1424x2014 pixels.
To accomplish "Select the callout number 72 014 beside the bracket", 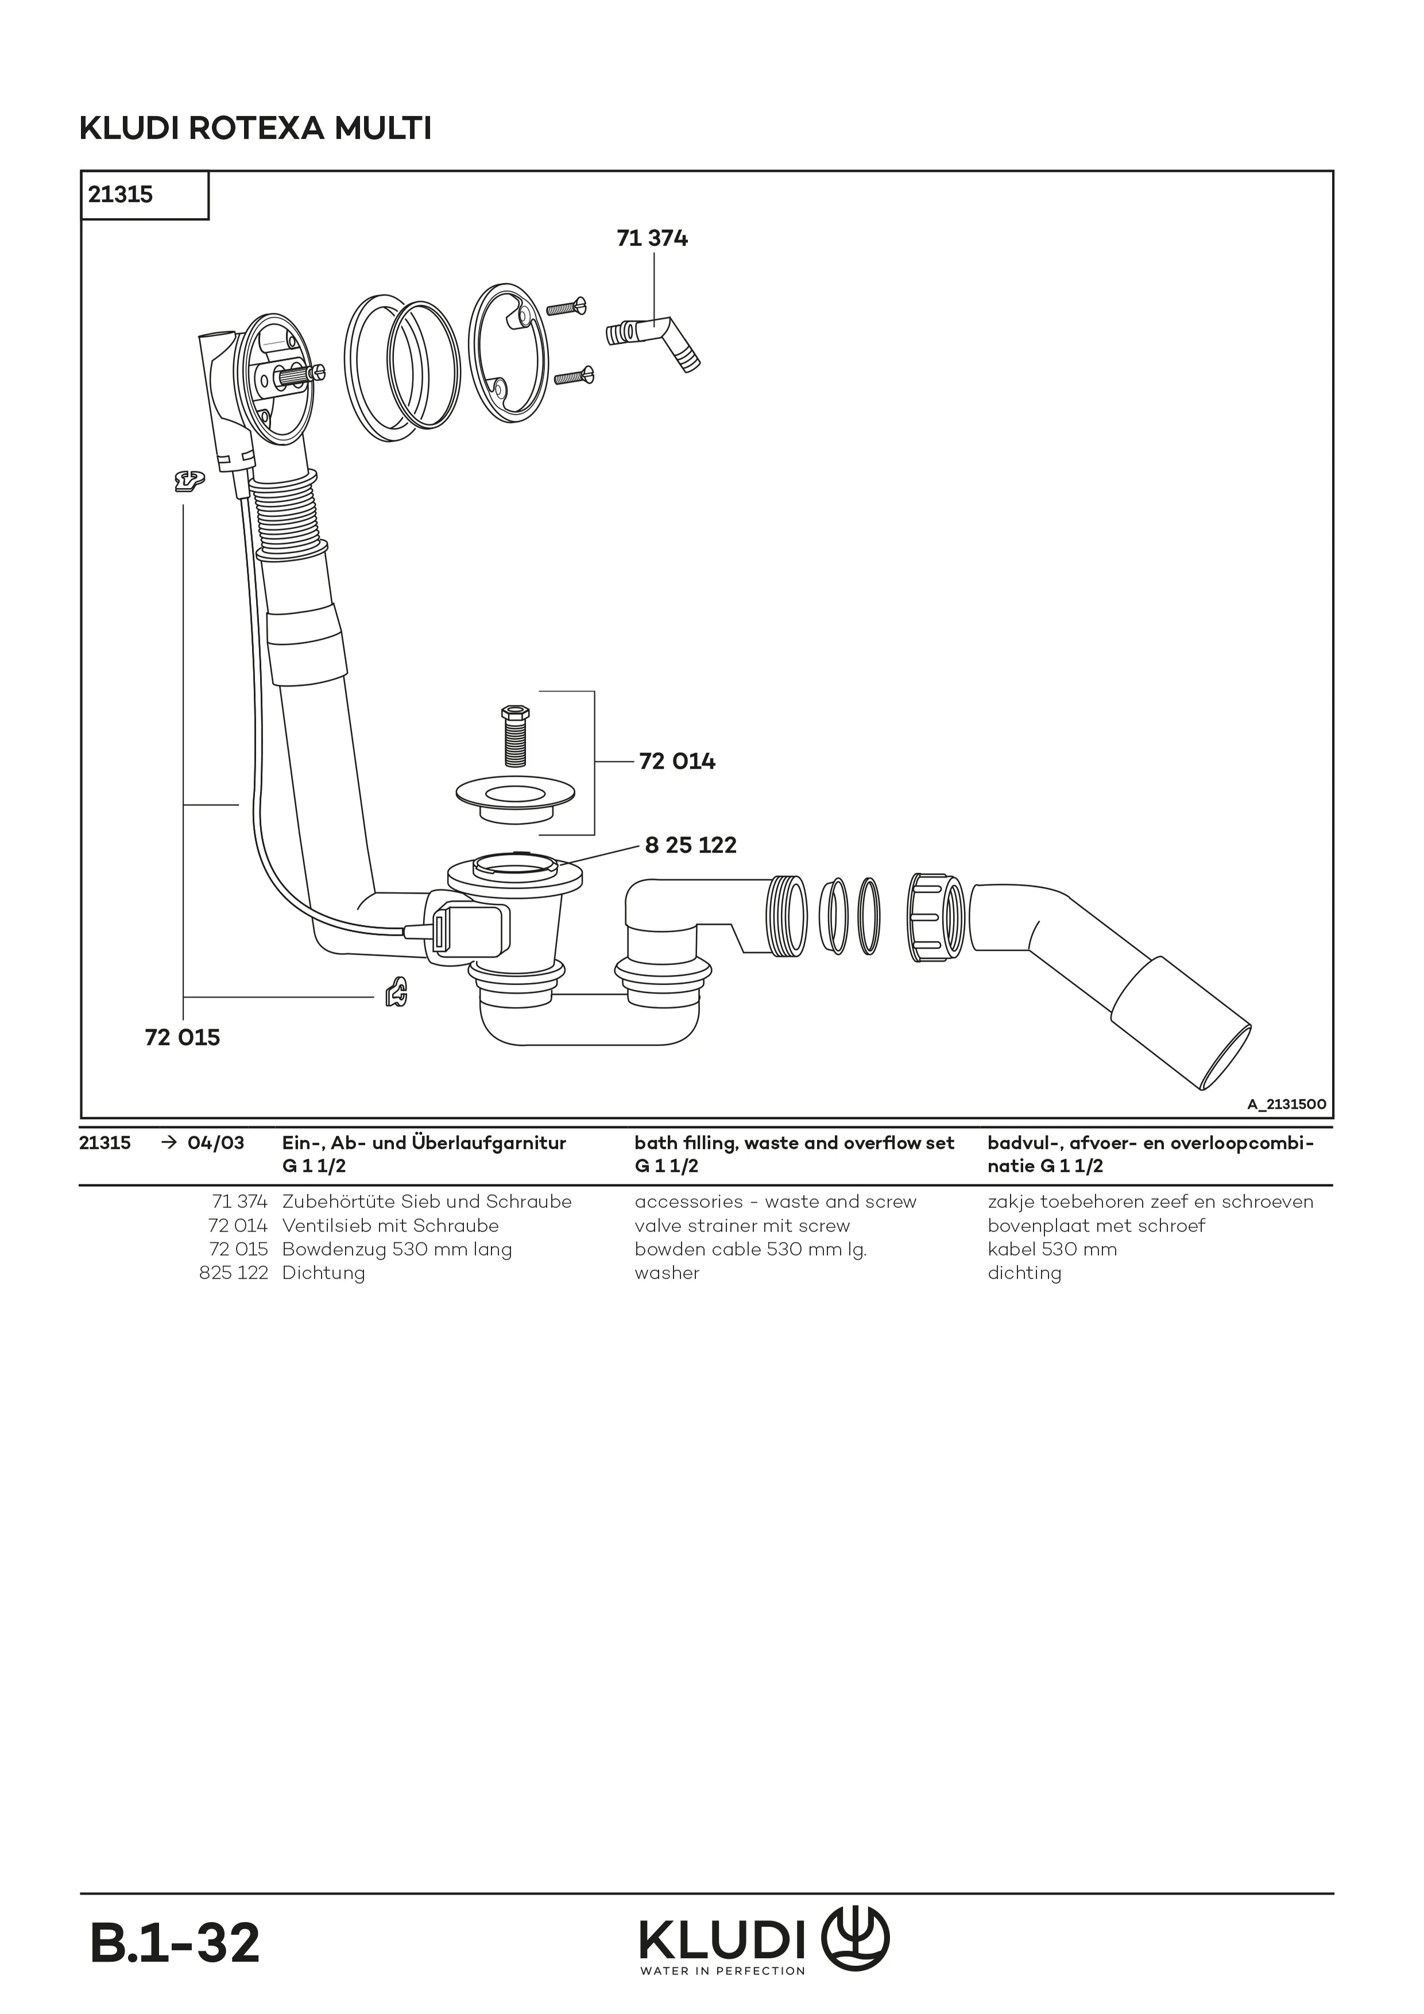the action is [x=678, y=762].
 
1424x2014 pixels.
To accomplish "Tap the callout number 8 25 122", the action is [x=691, y=846].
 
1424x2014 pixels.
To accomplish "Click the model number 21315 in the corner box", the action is [x=120, y=195].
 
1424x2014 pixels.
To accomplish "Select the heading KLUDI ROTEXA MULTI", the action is [x=256, y=130].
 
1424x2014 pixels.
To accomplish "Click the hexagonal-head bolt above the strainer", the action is [x=514, y=736].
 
